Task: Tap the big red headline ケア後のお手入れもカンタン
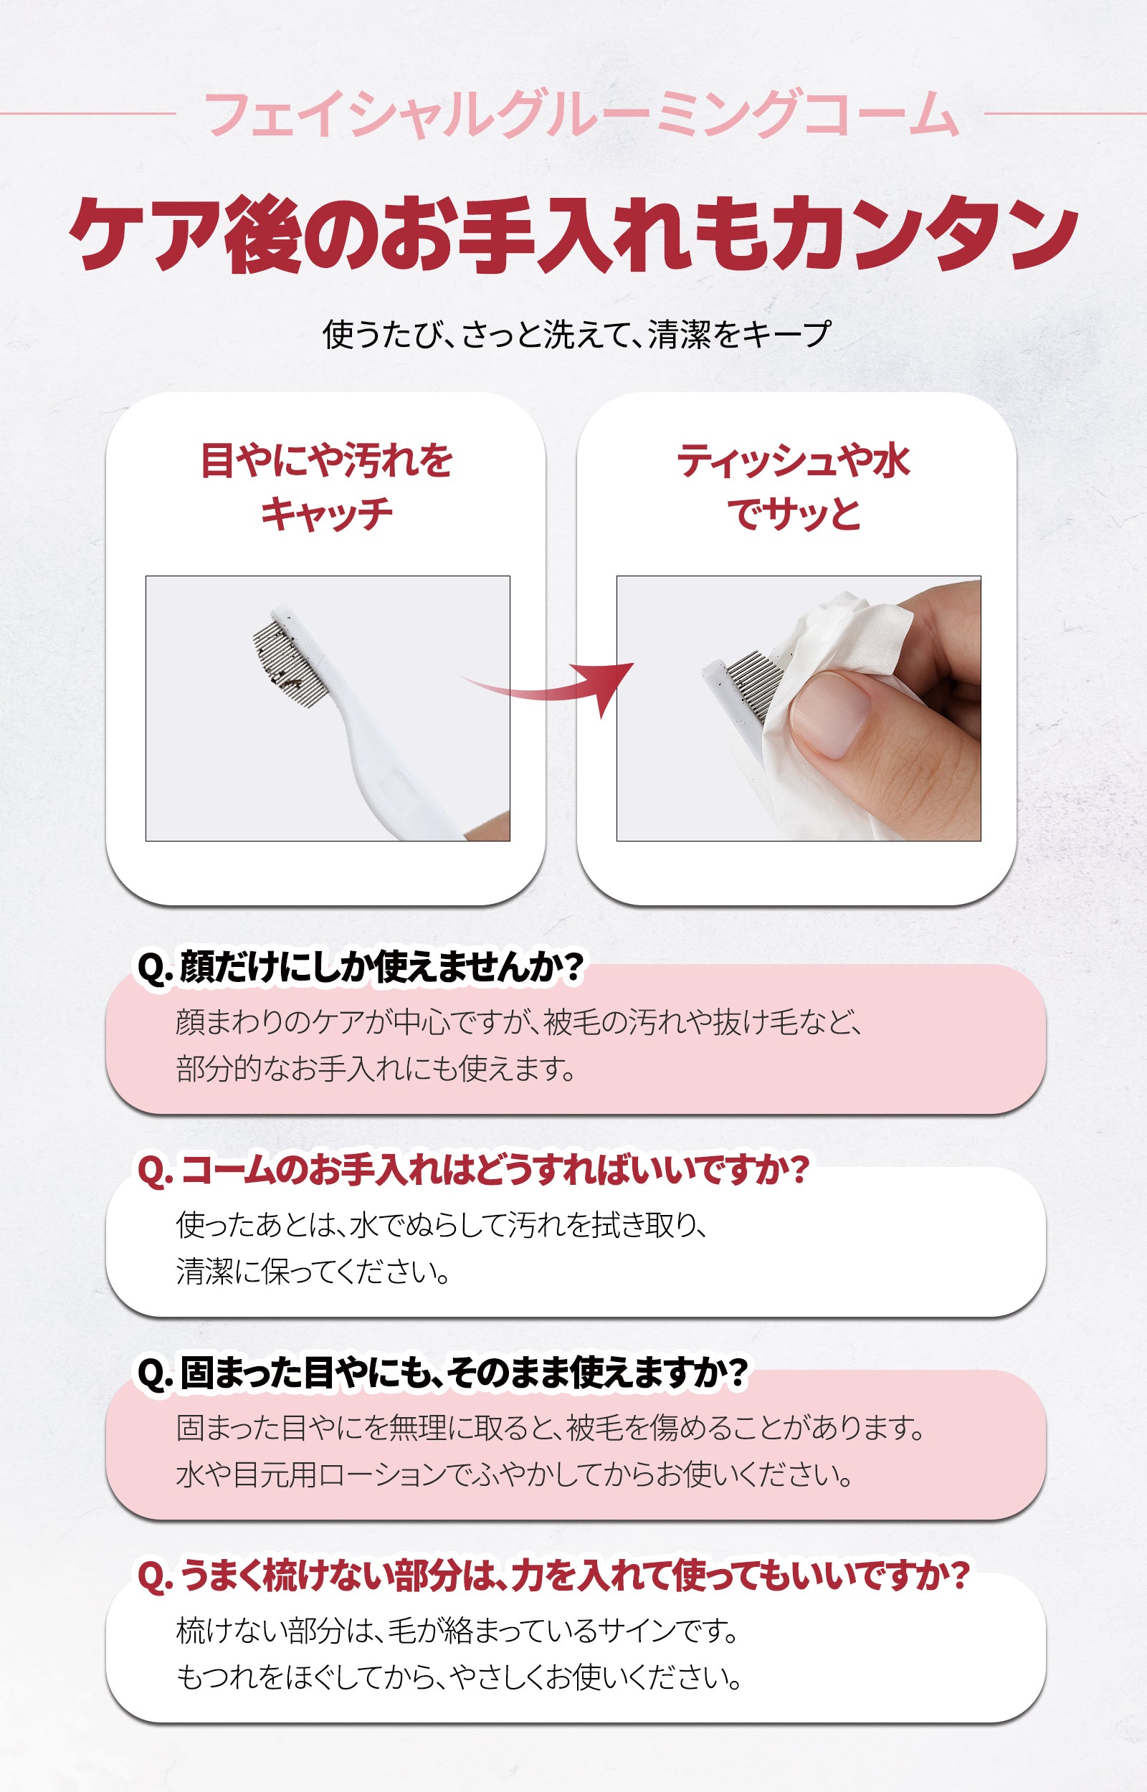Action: click(573, 234)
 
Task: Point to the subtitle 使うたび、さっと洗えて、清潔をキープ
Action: click(576, 334)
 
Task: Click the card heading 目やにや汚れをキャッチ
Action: click(326, 487)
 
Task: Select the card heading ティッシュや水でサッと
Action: click(794, 487)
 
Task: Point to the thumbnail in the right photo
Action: click(829, 714)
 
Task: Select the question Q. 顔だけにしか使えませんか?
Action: click(361, 967)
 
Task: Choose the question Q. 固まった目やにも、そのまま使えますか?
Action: click(442, 1373)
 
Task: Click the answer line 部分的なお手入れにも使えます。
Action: click(376, 1068)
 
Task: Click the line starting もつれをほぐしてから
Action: click(460, 1677)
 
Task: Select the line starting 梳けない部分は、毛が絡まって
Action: click(457, 1631)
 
